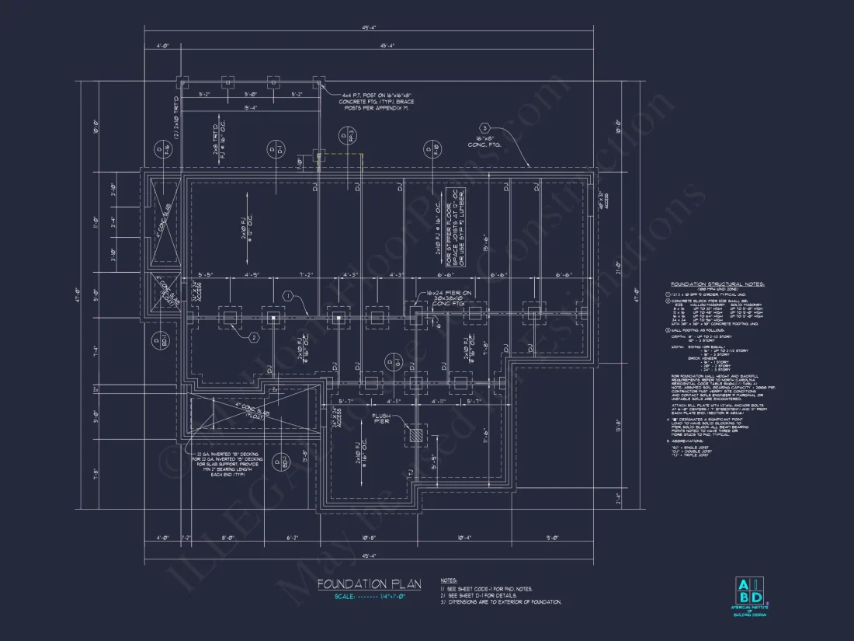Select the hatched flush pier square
click(x=416, y=437)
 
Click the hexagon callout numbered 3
click(x=484, y=128)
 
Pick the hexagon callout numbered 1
click(x=286, y=295)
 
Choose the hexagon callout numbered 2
click(x=253, y=337)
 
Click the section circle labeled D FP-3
click(x=343, y=138)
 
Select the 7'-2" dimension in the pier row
click(x=309, y=275)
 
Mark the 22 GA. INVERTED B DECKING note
click(x=227, y=463)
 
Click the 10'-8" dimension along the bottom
click(x=369, y=537)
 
